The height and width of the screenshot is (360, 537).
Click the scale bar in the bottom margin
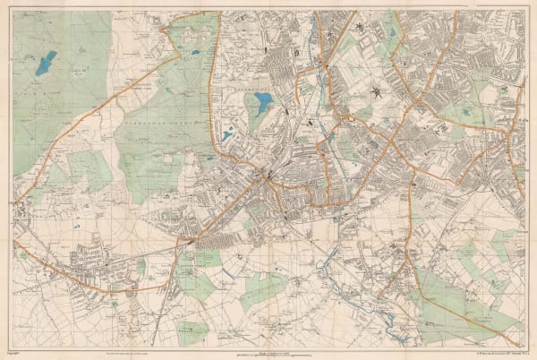point(268,350)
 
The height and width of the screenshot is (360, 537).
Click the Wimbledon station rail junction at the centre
point(266,176)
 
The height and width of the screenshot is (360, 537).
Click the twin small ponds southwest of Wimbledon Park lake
point(228,134)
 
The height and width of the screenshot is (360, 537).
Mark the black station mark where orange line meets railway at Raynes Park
point(190,241)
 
